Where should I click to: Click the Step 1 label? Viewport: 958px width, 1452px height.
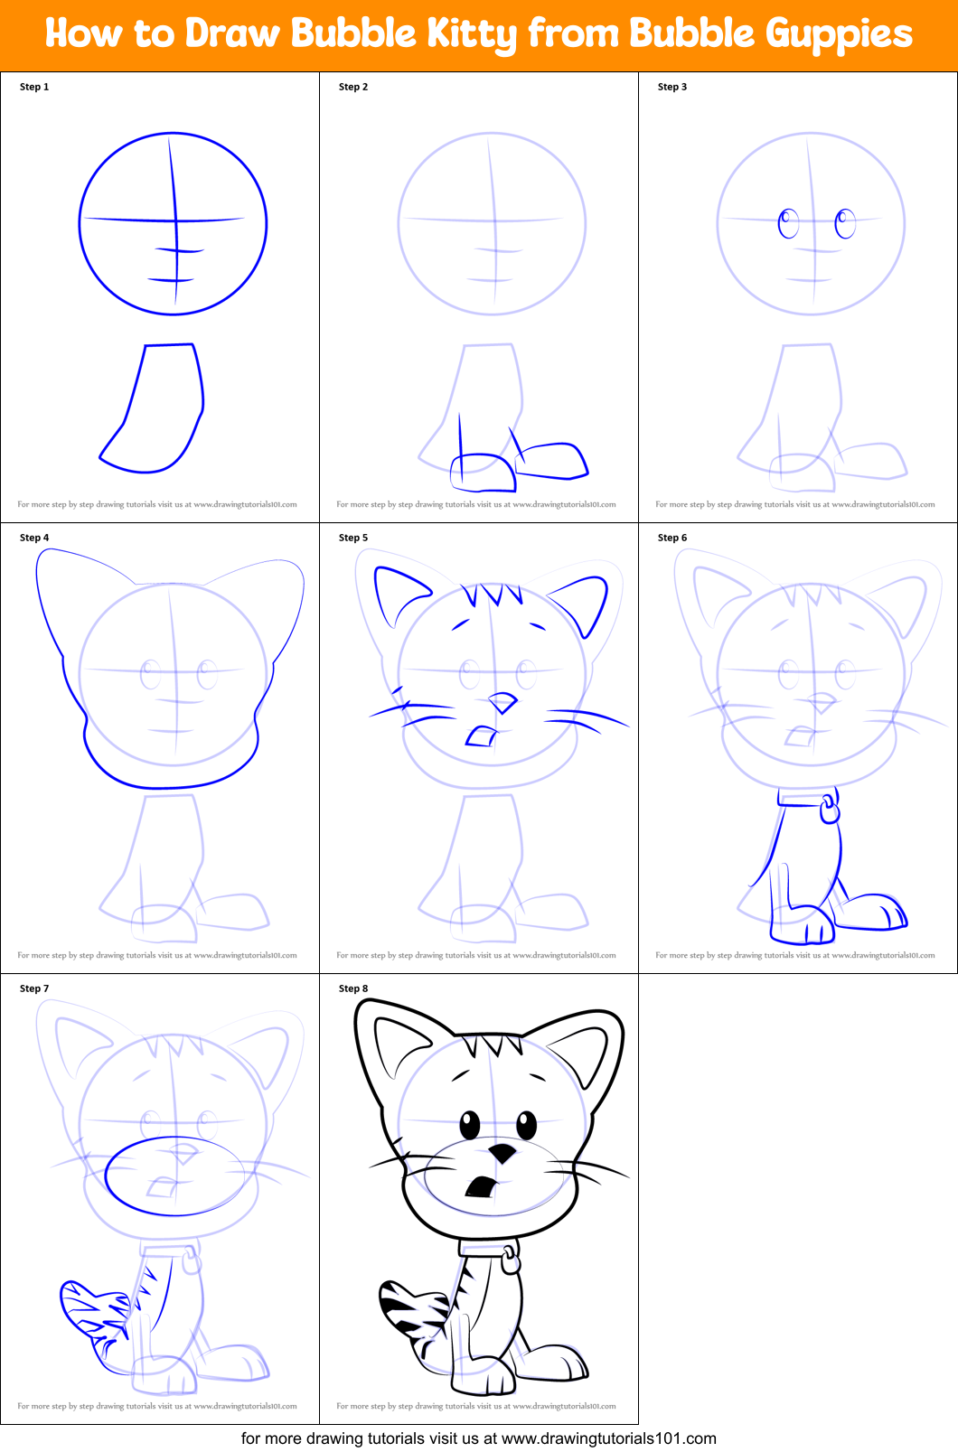[34, 87]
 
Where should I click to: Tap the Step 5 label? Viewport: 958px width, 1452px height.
[353, 538]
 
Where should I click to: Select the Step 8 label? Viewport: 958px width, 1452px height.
[353, 988]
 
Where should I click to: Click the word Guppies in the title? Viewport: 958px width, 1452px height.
[839, 34]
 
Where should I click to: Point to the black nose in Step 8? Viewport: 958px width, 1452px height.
[502, 1153]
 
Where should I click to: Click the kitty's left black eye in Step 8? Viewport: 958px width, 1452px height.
[470, 1125]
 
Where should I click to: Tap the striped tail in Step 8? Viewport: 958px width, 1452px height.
[411, 1310]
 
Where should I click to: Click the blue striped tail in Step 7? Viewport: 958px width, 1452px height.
[93, 1310]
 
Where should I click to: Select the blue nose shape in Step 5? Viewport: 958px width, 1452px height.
[502, 702]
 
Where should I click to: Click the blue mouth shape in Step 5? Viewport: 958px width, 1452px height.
[481, 737]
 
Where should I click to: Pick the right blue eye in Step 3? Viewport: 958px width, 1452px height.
[845, 222]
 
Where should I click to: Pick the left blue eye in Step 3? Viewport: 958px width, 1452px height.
[788, 222]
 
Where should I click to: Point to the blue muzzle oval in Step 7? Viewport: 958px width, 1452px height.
[174, 1176]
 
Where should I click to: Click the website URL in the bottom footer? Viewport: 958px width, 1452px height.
[608, 1438]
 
